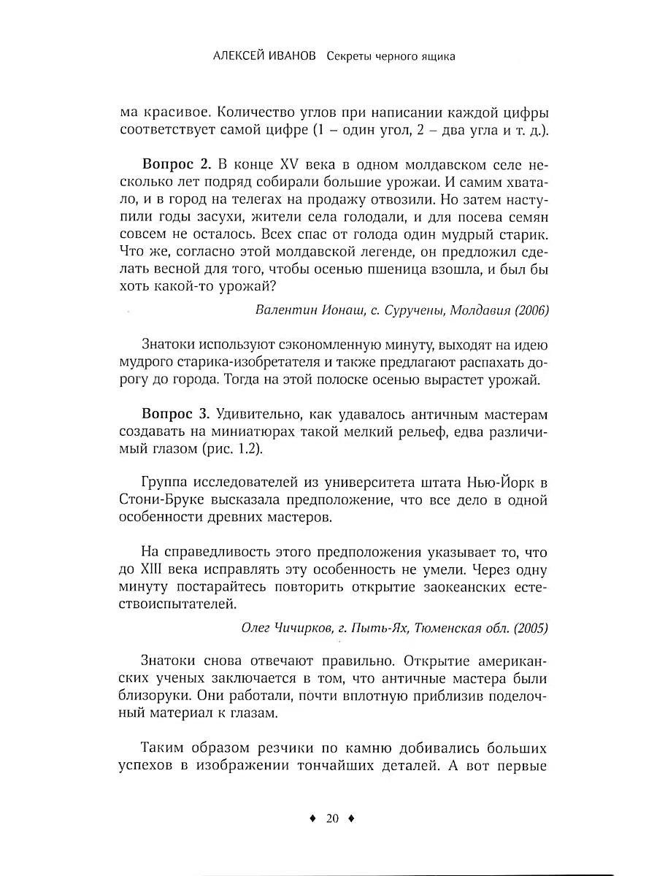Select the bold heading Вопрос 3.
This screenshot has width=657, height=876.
[x=176, y=415]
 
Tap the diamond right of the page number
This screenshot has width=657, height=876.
[x=351, y=819]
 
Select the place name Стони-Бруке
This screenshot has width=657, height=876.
[x=156, y=500]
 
